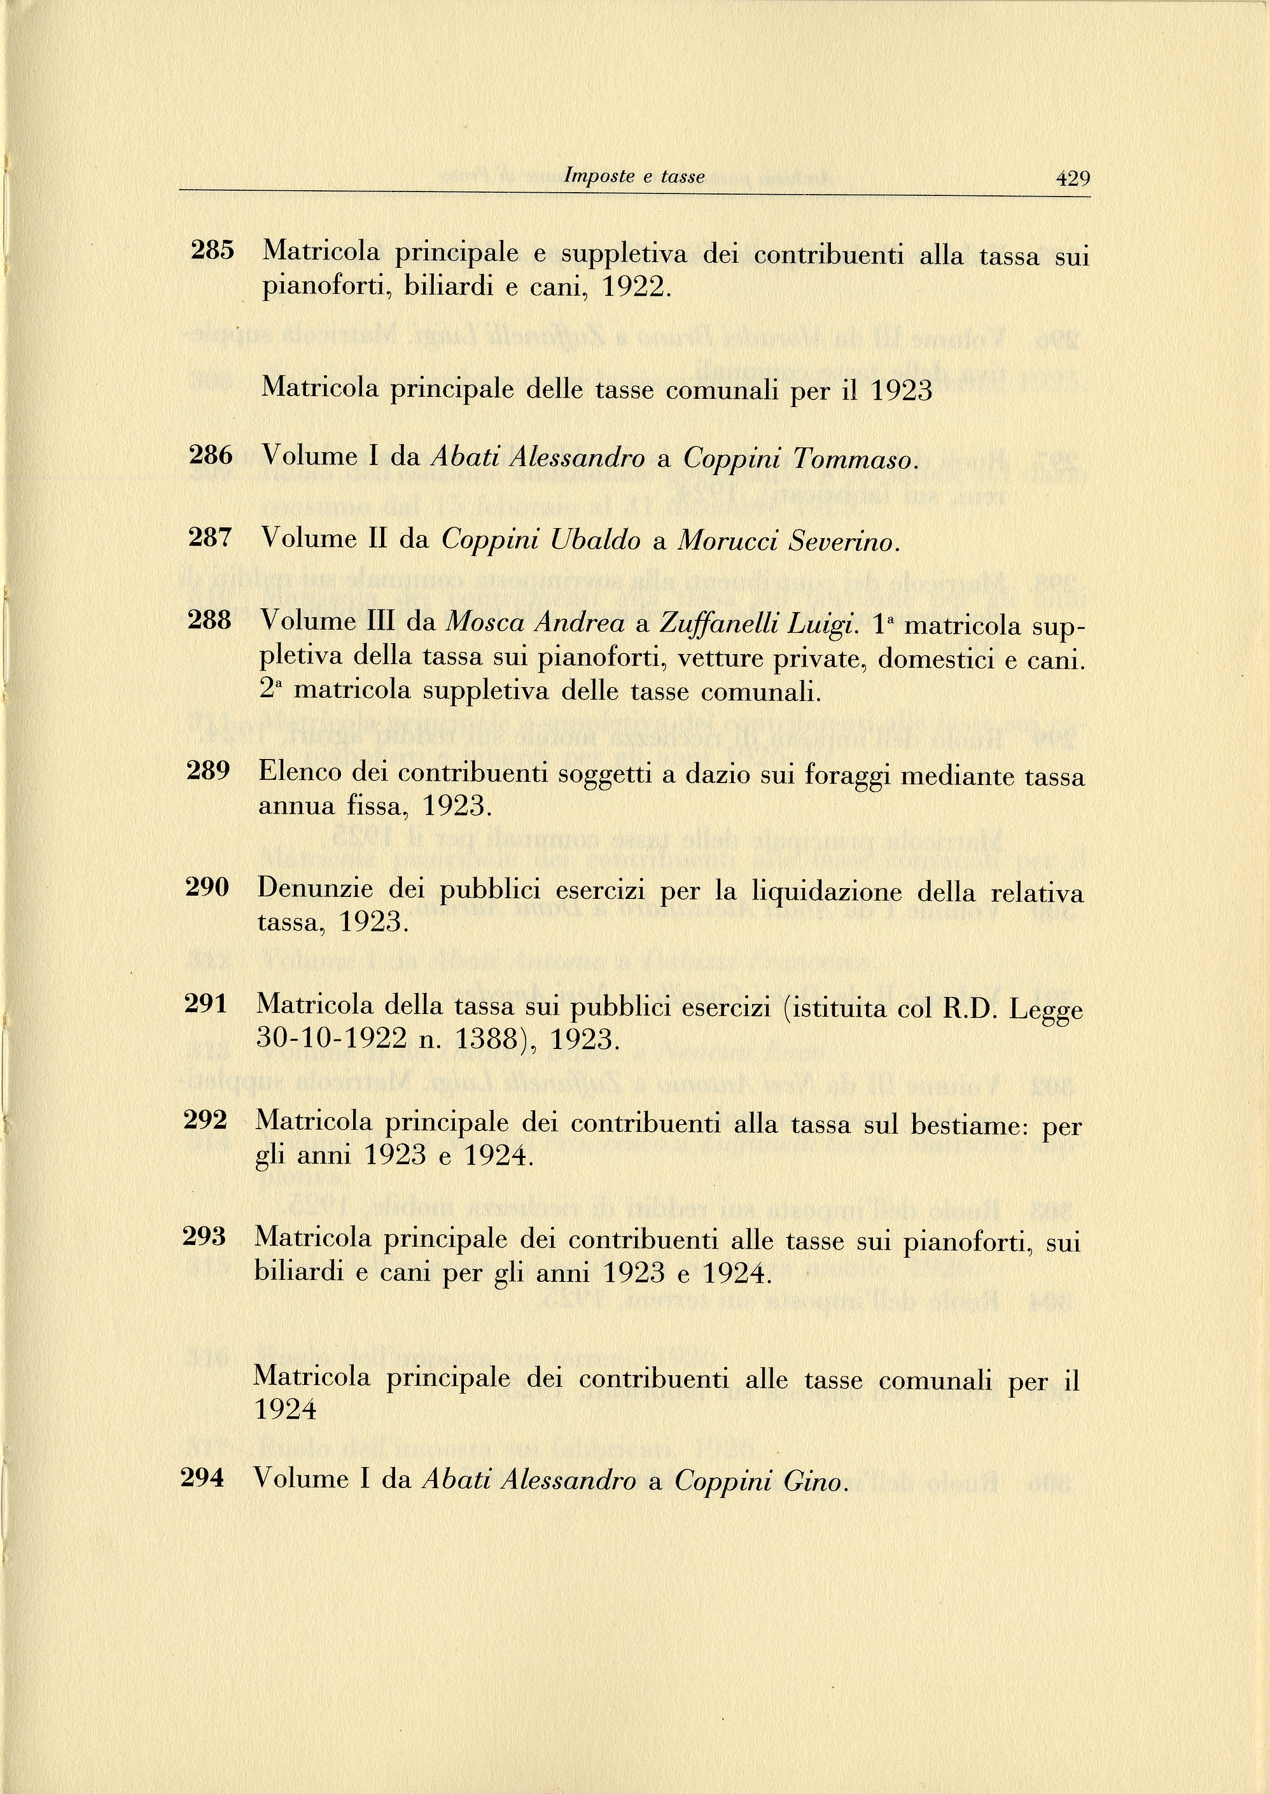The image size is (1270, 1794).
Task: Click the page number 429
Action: click(1072, 179)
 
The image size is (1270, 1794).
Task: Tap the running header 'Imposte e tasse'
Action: click(634, 177)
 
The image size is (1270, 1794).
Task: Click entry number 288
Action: click(209, 621)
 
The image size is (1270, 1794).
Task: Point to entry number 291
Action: click(206, 1003)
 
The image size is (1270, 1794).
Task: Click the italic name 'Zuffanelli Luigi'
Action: click(759, 624)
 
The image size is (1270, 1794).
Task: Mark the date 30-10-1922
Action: click(332, 1038)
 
